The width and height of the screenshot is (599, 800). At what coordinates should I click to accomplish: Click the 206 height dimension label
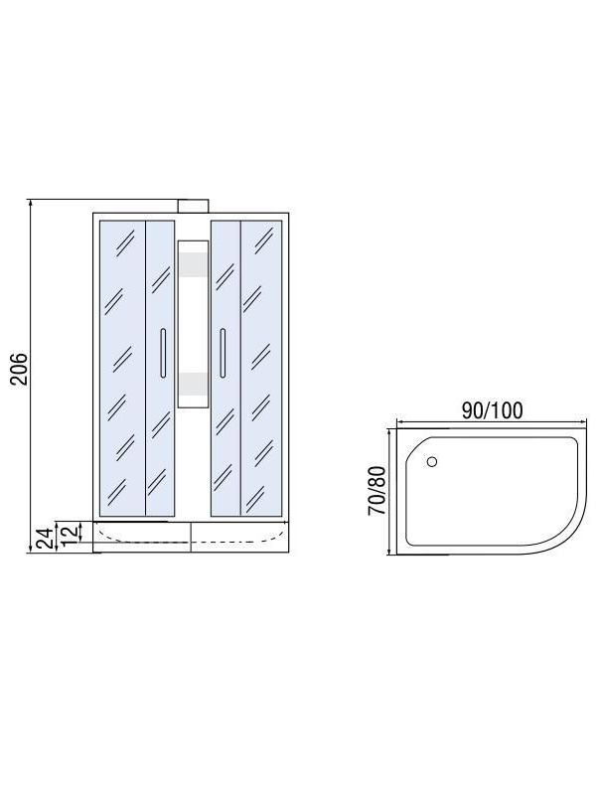coord(20,369)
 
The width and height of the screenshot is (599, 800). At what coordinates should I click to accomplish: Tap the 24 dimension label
coord(47,539)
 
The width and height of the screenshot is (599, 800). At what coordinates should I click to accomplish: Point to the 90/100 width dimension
coord(492,410)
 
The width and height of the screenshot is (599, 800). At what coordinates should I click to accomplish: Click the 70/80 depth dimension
coord(377,491)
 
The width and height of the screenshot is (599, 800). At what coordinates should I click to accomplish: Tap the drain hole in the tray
coord(432,462)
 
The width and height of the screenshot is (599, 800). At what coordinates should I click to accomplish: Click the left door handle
coord(163,353)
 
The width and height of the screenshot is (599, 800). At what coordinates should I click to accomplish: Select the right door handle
coord(223,353)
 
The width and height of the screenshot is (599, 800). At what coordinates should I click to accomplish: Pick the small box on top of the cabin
coord(193,206)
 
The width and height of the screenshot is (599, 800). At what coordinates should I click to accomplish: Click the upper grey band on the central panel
coord(193,264)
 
